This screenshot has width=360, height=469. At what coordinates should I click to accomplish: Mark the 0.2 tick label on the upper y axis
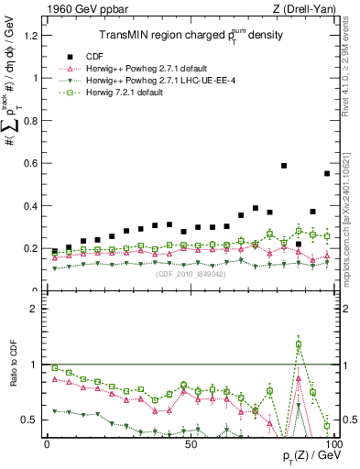(x=33, y=248)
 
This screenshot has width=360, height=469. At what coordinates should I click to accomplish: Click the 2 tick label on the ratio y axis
(x=37, y=308)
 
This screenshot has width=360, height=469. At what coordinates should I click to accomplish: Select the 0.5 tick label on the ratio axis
(x=33, y=420)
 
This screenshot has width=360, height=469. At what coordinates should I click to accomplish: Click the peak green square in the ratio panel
(x=299, y=345)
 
